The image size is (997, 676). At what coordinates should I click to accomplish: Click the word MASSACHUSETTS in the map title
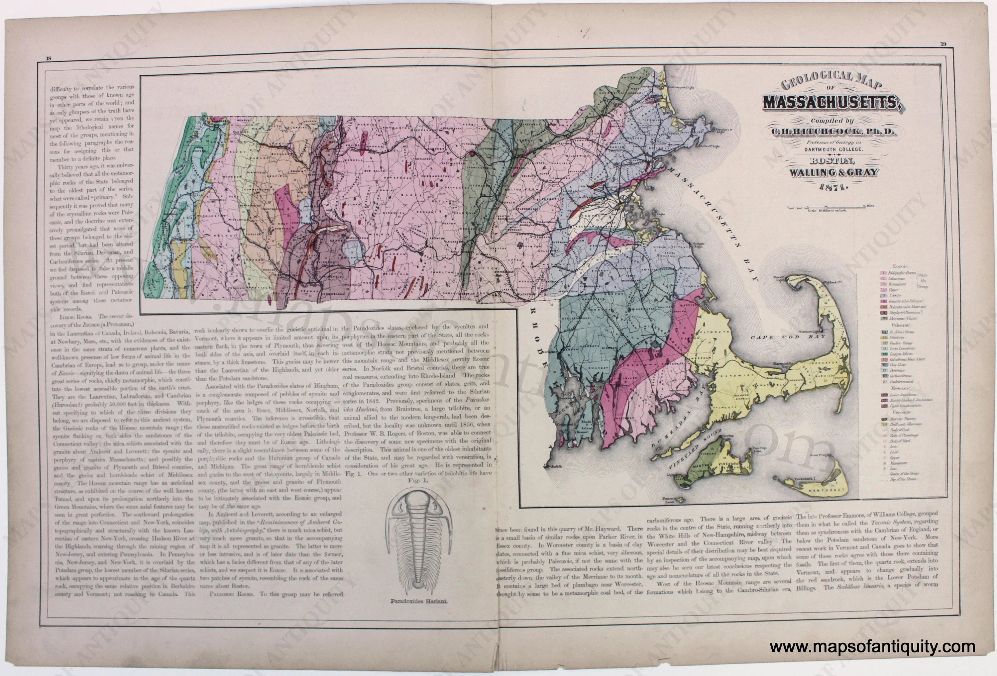(831, 104)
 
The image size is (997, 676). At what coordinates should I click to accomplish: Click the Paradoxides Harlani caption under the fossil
(419, 601)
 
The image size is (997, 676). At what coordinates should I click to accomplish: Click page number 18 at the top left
(49, 59)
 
